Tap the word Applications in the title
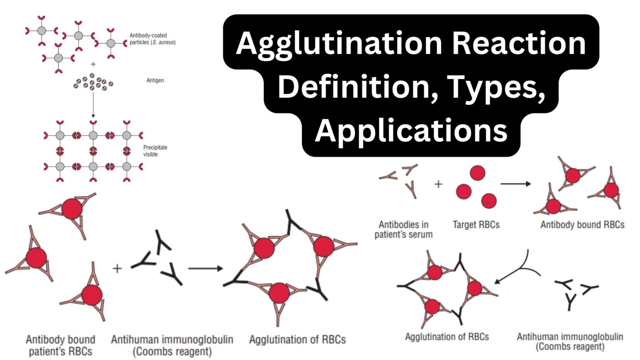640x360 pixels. pos(411,130)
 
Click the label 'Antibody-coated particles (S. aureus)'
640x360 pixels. pos(152,39)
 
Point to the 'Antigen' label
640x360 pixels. pos(155,80)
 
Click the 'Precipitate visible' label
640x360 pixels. pos(155,151)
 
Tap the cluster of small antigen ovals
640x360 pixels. pos(93,82)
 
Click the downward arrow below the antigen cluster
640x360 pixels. pos(93,104)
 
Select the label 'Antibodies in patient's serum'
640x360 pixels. pos(403,230)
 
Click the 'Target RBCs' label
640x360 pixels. pos(476,225)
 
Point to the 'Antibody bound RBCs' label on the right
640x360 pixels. pos(582,225)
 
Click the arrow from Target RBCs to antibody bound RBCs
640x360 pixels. pos(515,183)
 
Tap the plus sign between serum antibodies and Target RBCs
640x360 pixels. pos(438,184)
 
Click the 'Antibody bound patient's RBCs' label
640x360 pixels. pos(60,345)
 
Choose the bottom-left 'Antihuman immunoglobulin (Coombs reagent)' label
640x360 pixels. pos(172,345)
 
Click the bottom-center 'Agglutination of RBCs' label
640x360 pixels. pos(297,340)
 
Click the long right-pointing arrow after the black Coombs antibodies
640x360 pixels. pos(205,268)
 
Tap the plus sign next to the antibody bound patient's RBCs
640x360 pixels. pos(117,268)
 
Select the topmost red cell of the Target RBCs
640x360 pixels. pos(477,172)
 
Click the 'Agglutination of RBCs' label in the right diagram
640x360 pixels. pos(447,337)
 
